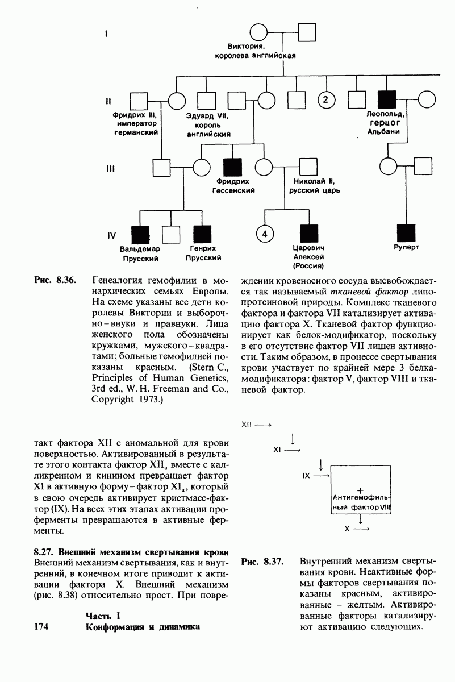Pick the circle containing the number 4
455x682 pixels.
pos(265,234)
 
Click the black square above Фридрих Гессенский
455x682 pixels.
pos(233,167)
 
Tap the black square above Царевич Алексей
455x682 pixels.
pos(308,234)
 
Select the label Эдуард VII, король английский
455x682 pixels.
pos(207,124)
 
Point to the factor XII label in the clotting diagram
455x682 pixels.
pos(247,424)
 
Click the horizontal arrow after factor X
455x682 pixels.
pos(361,529)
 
